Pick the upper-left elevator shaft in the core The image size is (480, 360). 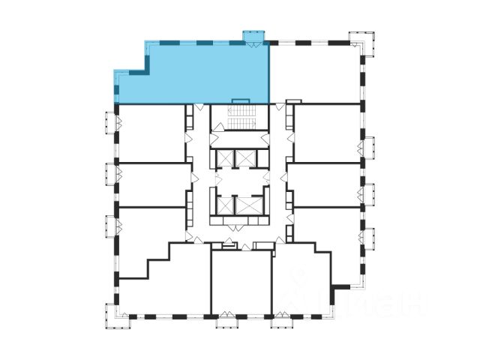[223, 159]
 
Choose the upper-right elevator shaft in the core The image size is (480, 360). [246, 159]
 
